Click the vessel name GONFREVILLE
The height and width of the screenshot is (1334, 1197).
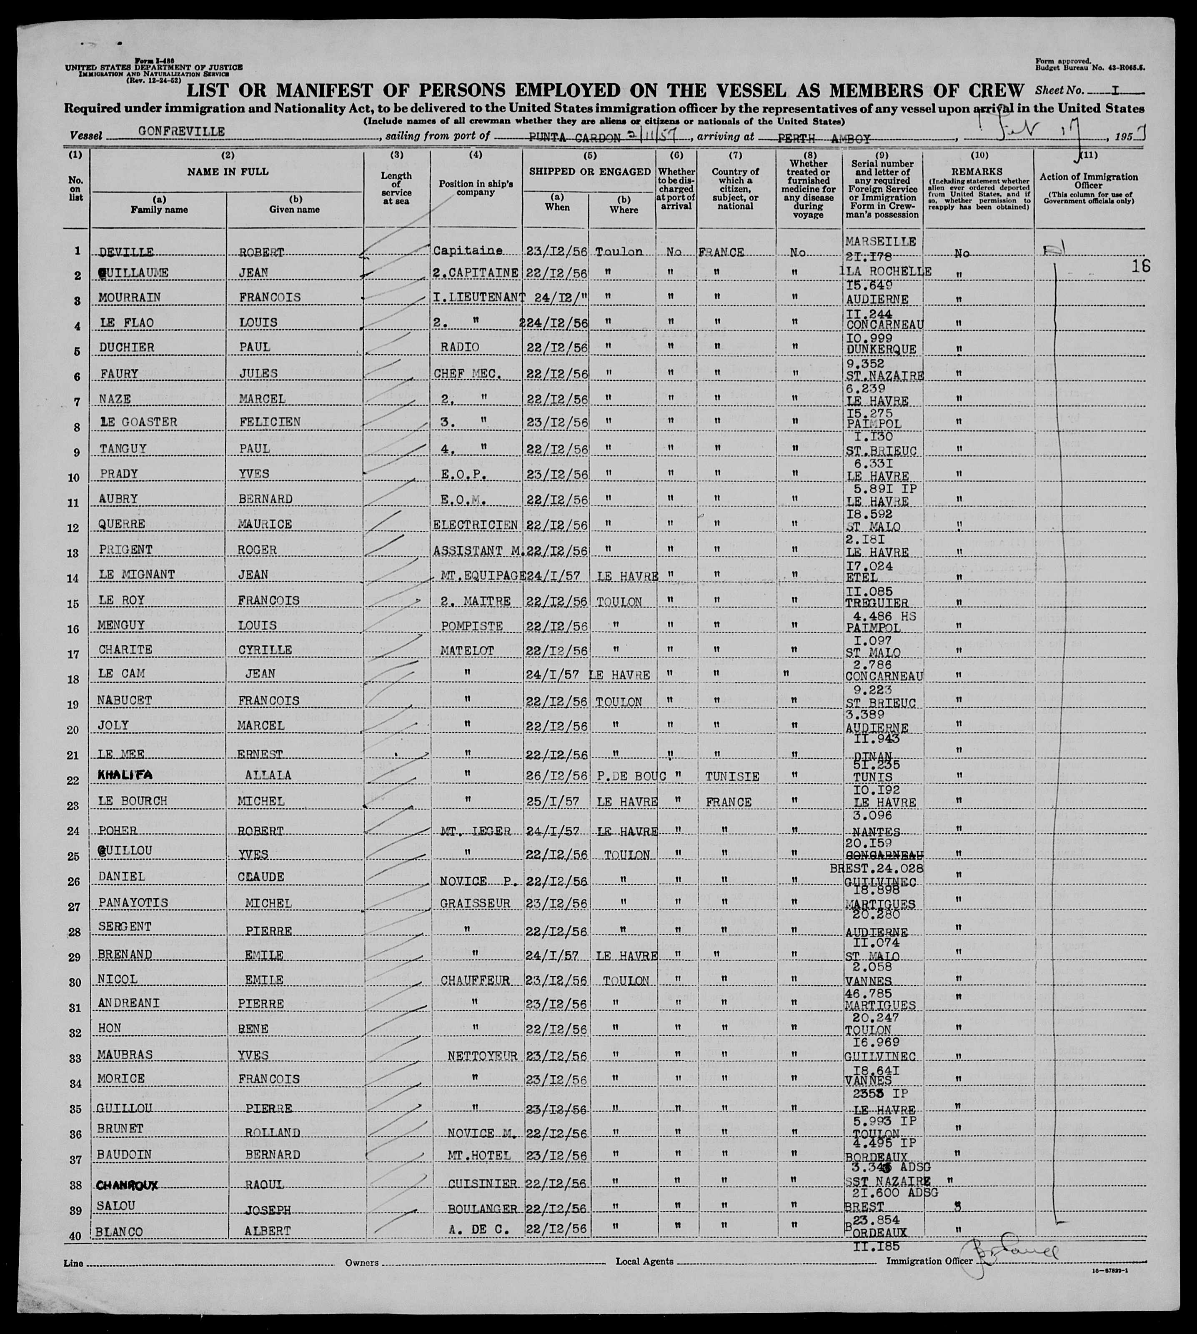click(x=182, y=132)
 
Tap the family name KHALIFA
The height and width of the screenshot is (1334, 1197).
click(x=125, y=775)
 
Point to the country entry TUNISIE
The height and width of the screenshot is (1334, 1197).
click(x=733, y=777)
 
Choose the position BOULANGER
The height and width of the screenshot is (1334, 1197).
click(x=482, y=1209)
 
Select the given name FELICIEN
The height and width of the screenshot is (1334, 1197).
click(x=270, y=422)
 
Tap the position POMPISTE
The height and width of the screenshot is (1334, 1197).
click(x=471, y=625)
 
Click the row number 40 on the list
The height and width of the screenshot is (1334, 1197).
click(x=75, y=1236)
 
